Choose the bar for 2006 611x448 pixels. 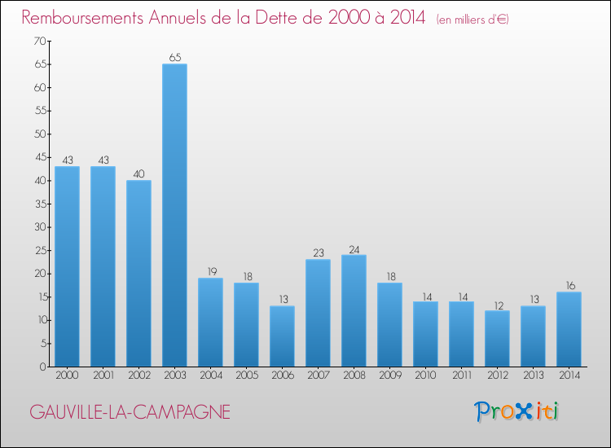pyautogui.click(x=282, y=336)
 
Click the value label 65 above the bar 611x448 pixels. pyautogui.click(x=174, y=58)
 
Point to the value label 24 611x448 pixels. pyautogui.click(x=354, y=249)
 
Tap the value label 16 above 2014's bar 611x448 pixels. pyautogui.click(x=569, y=286)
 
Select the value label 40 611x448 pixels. pyautogui.click(x=138, y=174)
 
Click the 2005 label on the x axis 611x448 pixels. pyautogui.click(x=246, y=376)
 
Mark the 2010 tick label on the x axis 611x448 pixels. pyautogui.click(x=425, y=376)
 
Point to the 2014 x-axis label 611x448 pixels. pyautogui.click(x=569, y=376)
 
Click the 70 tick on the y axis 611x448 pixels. pyautogui.click(x=38, y=41)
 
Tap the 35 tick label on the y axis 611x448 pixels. pyautogui.click(x=38, y=204)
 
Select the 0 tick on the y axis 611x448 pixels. pyautogui.click(x=41, y=367)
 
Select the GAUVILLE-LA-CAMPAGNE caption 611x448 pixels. pyautogui.click(x=130, y=412)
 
